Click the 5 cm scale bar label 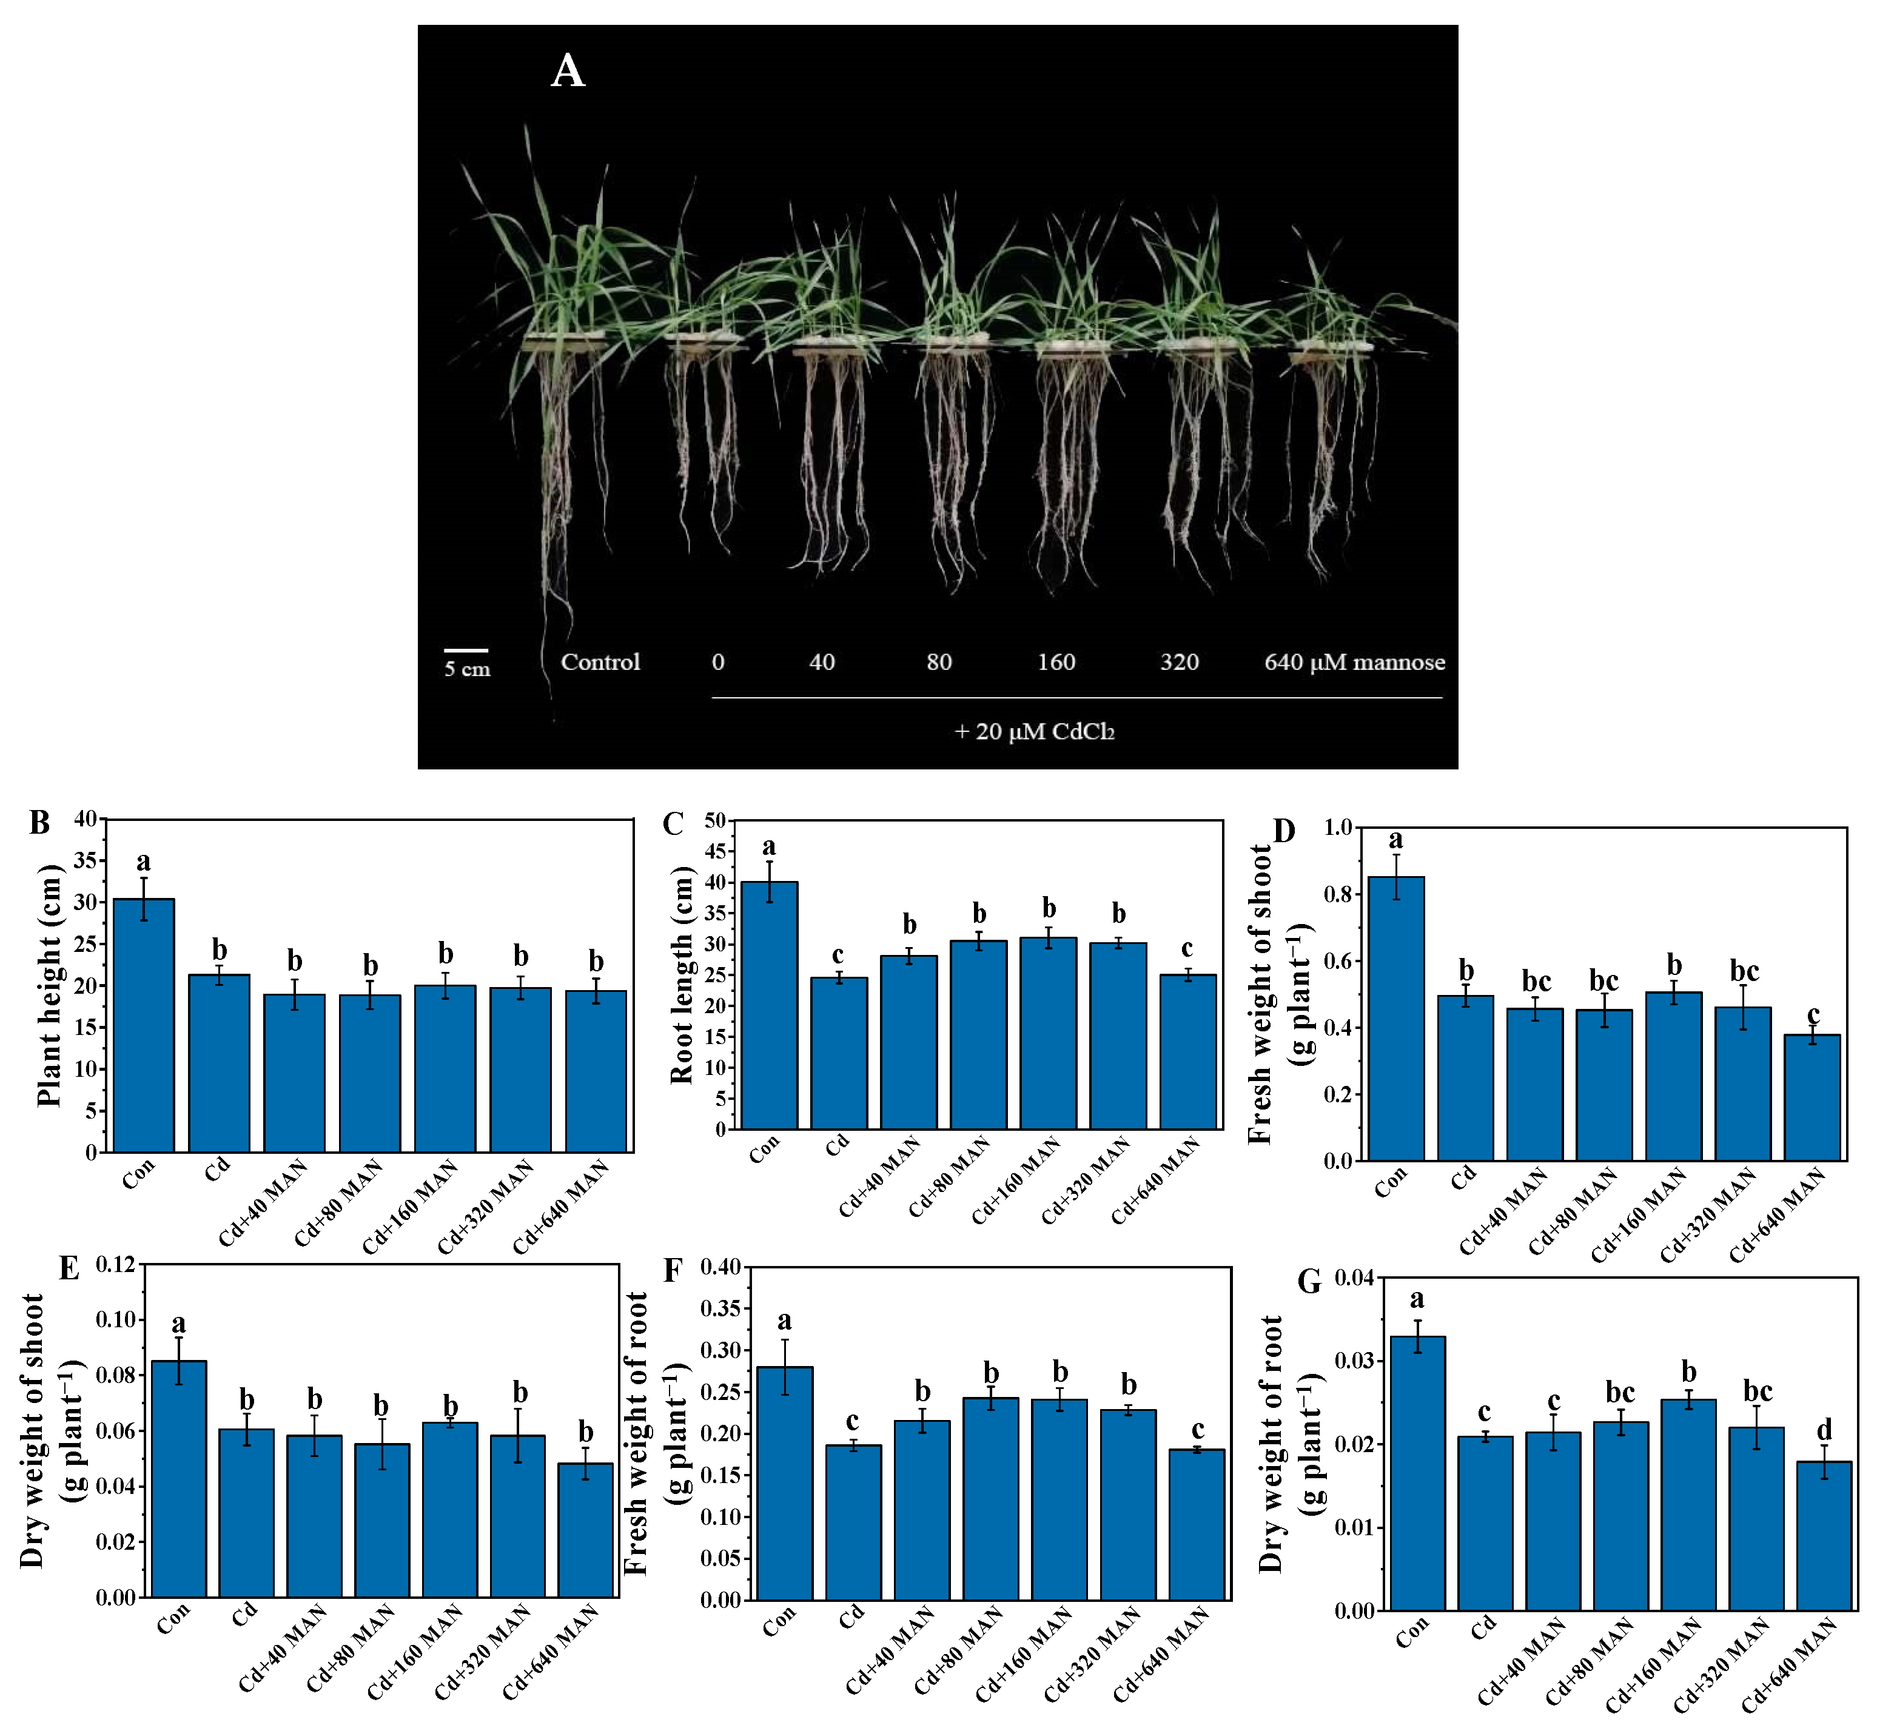click(467, 669)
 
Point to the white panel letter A click(567, 71)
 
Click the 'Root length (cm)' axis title click(682, 974)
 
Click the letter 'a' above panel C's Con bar click(769, 847)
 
